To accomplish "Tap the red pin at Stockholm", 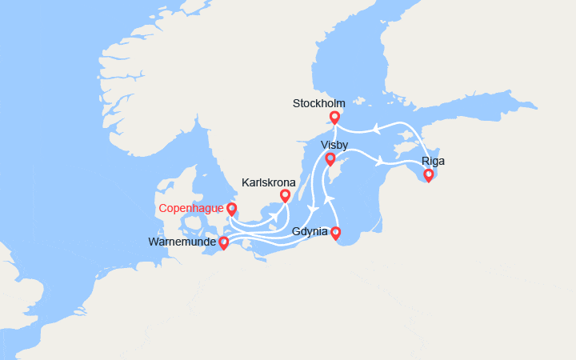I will point(334,118).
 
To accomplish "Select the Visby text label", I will point(334,145).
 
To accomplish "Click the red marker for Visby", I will point(330,159).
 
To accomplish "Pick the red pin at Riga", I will point(428,175).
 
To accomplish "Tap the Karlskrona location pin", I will point(285,195).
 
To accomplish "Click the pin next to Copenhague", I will point(232,210).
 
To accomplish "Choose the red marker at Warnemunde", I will point(223,242).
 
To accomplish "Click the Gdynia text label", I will point(310,232).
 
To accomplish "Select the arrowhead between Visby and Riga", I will point(378,162).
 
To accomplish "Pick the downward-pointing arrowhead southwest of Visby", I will point(313,210).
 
